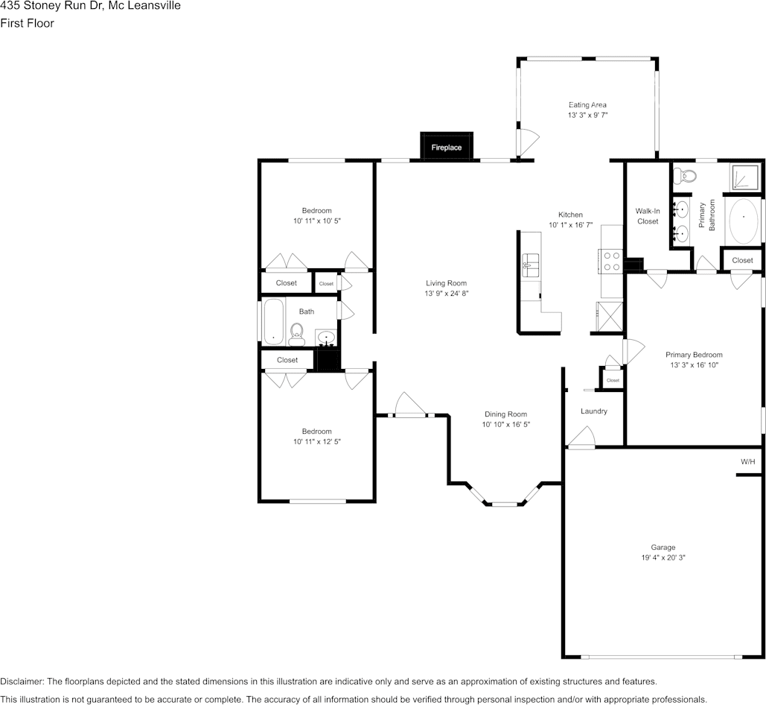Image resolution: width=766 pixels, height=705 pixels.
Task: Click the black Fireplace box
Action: point(447,146)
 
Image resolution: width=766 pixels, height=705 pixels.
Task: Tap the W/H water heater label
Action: point(747,461)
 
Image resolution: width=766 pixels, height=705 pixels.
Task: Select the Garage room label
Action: point(663,547)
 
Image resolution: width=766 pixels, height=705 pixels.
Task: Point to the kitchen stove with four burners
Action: point(610,261)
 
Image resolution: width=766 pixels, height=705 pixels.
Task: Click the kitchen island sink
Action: point(530,265)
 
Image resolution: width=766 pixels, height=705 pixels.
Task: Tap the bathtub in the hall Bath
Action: point(274,322)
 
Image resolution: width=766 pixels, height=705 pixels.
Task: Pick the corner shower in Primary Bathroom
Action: point(745,177)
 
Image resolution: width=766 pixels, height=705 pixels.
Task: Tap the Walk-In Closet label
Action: point(648,216)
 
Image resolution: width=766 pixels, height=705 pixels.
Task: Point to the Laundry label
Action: point(593,411)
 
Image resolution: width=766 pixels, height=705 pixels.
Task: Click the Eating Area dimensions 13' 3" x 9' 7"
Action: point(587,115)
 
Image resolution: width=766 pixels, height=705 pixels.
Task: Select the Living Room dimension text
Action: point(447,294)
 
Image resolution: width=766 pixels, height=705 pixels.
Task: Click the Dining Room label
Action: point(505,414)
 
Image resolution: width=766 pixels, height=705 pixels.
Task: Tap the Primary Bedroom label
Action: point(694,355)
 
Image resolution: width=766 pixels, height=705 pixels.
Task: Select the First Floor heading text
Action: point(27,23)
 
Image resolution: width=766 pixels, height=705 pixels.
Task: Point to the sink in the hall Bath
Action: point(326,338)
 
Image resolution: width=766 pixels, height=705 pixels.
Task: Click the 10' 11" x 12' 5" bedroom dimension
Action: point(317,441)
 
